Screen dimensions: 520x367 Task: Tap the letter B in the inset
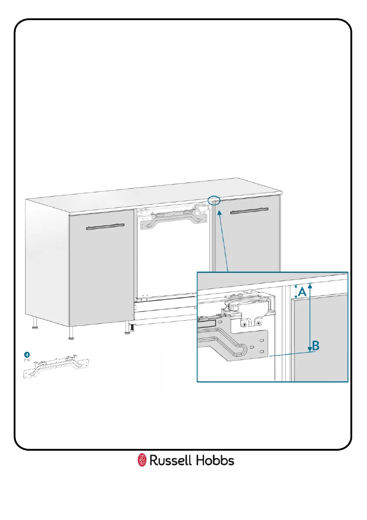[x=315, y=346]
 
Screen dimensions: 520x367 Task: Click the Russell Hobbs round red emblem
[x=142, y=460]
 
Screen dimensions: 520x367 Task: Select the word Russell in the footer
[x=168, y=460]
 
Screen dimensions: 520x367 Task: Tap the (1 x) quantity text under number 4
[x=26, y=360]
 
